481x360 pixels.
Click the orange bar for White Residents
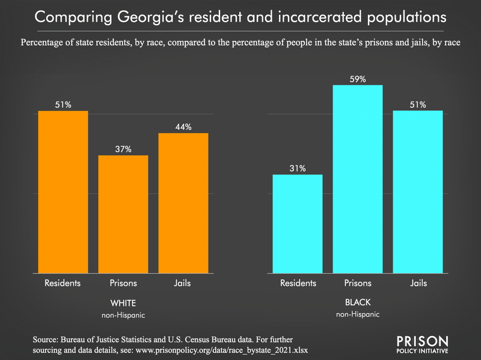[63, 192]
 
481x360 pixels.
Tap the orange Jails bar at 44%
[183, 203]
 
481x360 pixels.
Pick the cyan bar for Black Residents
[298, 224]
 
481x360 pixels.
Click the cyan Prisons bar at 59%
[358, 179]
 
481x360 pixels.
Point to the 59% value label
[358, 79]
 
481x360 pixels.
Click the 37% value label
[123, 149]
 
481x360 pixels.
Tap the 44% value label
[183, 127]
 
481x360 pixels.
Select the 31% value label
[298, 168]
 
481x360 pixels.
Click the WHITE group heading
[123, 302]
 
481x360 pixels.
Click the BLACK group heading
[358, 302]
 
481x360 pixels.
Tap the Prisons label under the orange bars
[123, 283]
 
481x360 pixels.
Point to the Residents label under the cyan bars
[298, 283]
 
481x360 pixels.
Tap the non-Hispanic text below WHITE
[123, 314]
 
